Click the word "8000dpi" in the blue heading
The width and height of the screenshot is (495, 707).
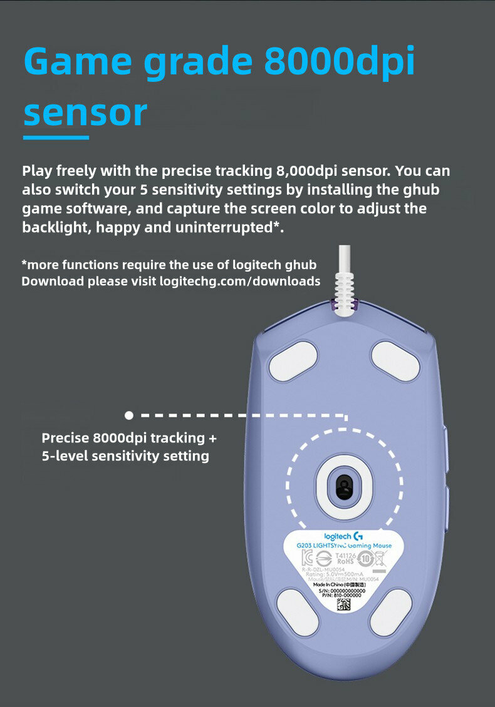(x=340, y=61)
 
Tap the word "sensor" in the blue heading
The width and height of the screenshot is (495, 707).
(x=85, y=113)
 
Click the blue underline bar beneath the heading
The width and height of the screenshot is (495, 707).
(x=56, y=137)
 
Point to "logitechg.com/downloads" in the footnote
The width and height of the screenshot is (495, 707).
(x=240, y=281)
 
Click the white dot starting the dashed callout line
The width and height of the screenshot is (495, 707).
(x=129, y=415)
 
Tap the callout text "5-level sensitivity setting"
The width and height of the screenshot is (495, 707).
(x=125, y=456)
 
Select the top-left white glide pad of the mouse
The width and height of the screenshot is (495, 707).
(x=293, y=360)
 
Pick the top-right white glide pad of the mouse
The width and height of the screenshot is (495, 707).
(x=395, y=360)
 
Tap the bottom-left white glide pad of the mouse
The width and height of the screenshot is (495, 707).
(x=298, y=611)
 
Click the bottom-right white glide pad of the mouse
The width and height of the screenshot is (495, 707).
(x=390, y=611)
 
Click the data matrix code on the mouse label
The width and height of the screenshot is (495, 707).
(x=344, y=604)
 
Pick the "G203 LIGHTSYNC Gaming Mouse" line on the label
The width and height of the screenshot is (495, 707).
(x=344, y=546)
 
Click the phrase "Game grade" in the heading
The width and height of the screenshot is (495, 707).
(x=138, y=61)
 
